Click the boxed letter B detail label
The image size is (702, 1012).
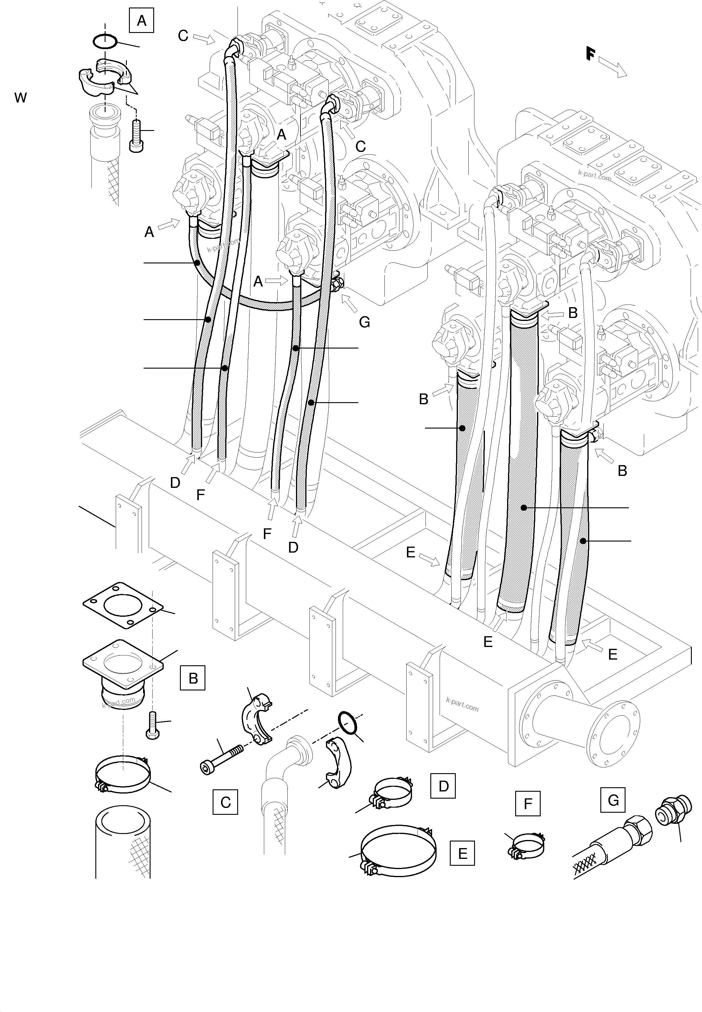[193, 678]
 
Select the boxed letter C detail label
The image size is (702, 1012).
[225, 803]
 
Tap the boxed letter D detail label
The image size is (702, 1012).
[444, 786]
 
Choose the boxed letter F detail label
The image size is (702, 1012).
[527, 804]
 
